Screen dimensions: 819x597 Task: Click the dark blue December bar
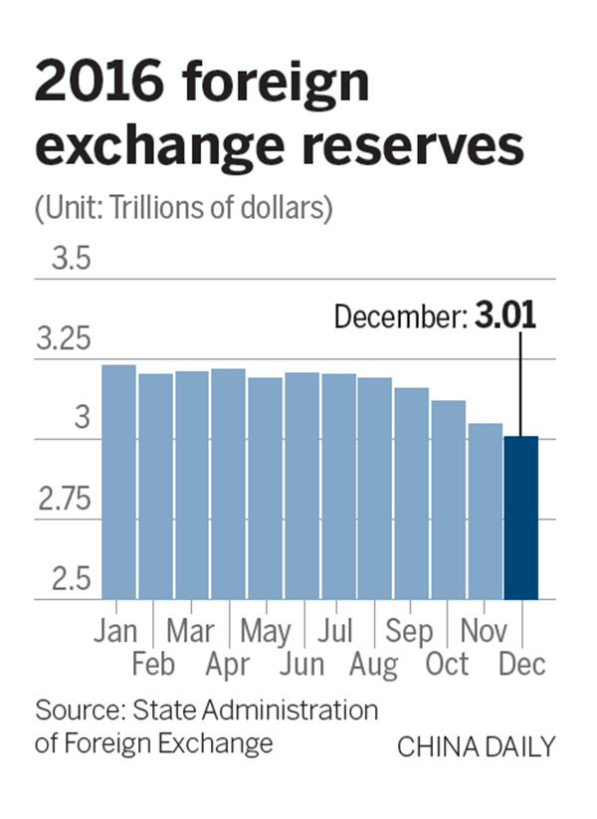521,517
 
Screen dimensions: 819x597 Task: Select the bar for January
118,483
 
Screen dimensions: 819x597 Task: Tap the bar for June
301,487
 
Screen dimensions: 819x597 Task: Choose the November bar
486,512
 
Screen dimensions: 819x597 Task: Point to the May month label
266,631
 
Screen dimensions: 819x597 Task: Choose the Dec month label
522,665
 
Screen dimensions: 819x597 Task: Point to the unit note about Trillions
183,209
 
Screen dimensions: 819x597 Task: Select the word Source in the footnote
77,712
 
